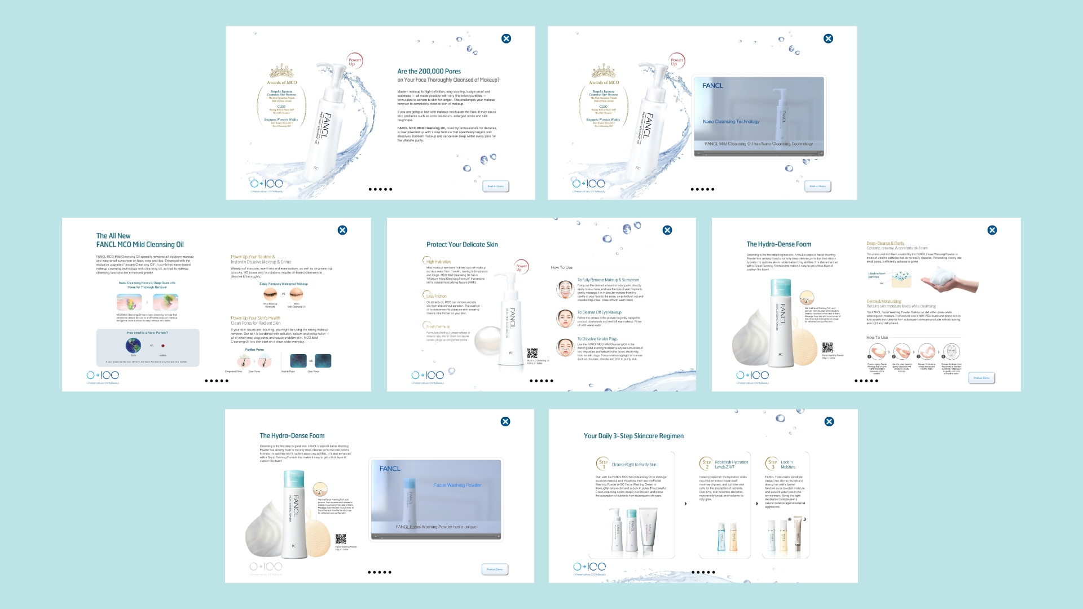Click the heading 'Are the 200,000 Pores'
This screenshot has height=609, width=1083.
(x=429, y=72)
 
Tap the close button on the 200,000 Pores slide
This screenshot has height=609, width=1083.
(x=506, y=38)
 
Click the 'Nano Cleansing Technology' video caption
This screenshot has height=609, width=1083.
(x=730, y=122)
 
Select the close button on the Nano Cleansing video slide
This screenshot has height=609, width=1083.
(x=828, y=38)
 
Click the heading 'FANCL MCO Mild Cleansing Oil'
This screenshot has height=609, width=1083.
(x=140, y=245)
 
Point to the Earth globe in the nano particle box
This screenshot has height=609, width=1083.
(x=134, y=345)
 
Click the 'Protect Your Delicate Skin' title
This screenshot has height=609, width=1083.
(x=462, y=245)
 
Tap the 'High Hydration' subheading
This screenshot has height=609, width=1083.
(x=438, y=262)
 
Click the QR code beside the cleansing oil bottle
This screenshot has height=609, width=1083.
(x=532, y=353)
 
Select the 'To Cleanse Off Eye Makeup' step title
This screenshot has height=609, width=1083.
(x=599, y=312)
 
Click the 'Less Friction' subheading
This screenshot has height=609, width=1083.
(x=436, y=296)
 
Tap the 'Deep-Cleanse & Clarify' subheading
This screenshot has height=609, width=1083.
(x=885, y=244)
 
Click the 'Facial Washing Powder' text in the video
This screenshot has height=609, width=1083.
(x=457, y=485)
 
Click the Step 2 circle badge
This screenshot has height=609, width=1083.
(x=706, y=464)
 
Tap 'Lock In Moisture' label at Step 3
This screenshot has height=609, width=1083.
(x=787, y=465)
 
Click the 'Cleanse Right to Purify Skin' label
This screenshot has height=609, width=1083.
(x=633, y=465)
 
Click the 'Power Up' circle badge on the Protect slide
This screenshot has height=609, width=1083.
(x=521, y=267)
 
